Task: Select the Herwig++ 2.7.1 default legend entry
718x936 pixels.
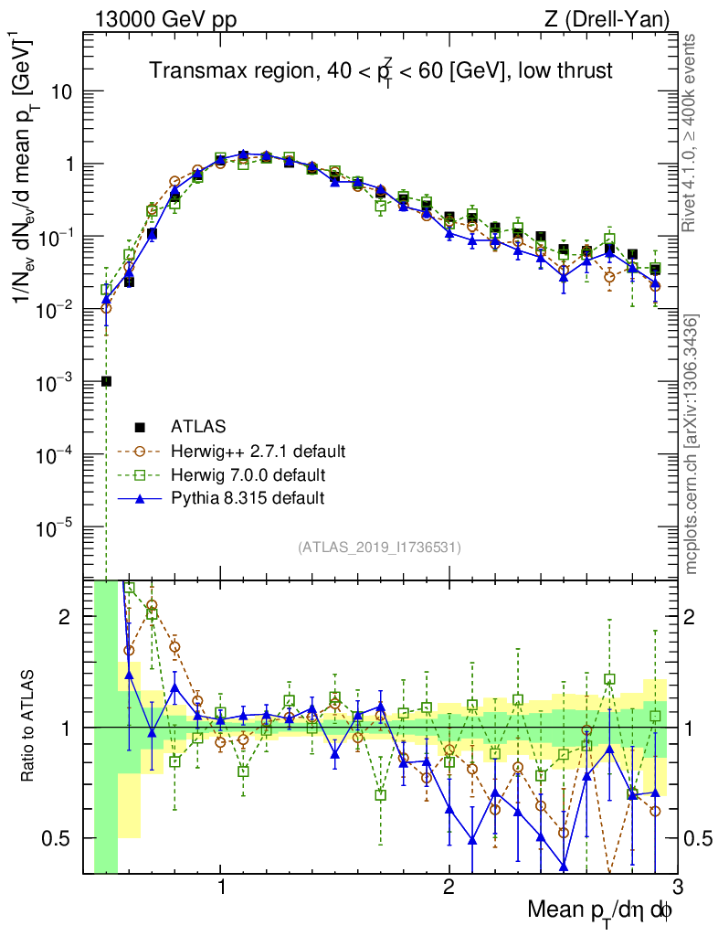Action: click(258, 451)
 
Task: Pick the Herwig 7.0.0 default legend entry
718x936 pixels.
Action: click(248, 474)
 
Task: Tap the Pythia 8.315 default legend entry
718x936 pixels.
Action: click(247, 498)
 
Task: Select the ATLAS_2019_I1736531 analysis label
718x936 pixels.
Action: click(379, 548)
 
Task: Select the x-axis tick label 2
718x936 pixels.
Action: click(449, 888)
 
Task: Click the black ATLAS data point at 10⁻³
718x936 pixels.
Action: click(107, 381)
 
